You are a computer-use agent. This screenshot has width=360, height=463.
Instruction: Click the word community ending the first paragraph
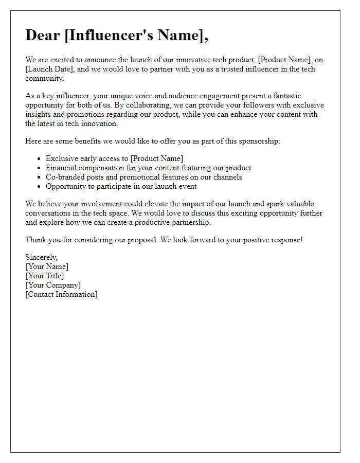44,79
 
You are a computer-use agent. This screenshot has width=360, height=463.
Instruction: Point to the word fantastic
283,96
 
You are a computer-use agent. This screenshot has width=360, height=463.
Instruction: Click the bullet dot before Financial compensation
40,168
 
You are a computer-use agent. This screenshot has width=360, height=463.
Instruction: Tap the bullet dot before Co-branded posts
40,177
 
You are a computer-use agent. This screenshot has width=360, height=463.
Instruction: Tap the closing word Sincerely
42,257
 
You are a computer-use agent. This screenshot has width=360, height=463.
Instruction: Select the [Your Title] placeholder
45,276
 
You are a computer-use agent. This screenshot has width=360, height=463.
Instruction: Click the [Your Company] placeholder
53,285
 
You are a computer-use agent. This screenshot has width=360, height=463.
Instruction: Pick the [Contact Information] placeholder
61,294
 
